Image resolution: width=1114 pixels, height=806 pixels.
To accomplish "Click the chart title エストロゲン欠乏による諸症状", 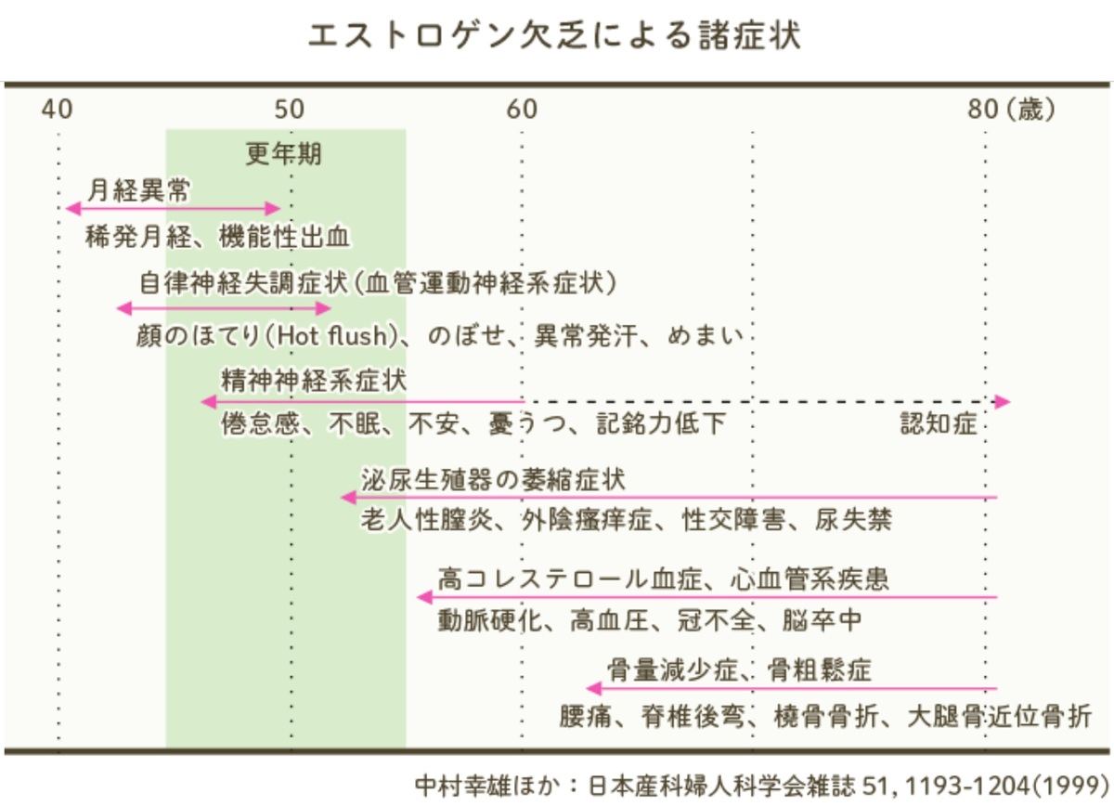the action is coord(554,36).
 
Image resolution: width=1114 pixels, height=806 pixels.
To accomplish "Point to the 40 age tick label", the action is coord(58,110).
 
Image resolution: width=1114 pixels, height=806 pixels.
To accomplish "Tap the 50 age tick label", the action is coord(290,110).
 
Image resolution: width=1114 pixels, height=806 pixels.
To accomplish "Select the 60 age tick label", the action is coord(522,110).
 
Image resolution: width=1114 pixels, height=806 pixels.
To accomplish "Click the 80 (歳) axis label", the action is coord(1011,110).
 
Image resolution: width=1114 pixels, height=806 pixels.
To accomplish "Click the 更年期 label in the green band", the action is coord(283,154).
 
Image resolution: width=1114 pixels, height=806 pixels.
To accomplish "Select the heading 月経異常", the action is coord(138,190).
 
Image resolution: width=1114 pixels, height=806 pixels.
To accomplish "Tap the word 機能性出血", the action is coord(284,237).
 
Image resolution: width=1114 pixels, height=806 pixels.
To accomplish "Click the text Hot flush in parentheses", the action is coord(332,336).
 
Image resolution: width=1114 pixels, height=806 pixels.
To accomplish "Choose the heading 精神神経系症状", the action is coord(314,381).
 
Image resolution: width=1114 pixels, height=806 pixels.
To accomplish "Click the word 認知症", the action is coord(939,424).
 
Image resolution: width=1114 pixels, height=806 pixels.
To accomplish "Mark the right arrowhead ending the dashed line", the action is coord(1002,401).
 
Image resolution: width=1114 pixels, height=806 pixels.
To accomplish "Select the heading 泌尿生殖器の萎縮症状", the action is coord(493,480).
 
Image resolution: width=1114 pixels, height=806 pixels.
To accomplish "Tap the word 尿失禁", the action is coord(853,520).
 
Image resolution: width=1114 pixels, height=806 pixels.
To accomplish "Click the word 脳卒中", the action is coord(822,620).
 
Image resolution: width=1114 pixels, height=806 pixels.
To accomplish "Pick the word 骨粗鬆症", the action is coord(819,669).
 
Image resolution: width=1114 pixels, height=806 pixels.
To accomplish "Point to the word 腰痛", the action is coord(586,717).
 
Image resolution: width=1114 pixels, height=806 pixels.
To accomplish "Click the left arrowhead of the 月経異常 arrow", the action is coord(73,209).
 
